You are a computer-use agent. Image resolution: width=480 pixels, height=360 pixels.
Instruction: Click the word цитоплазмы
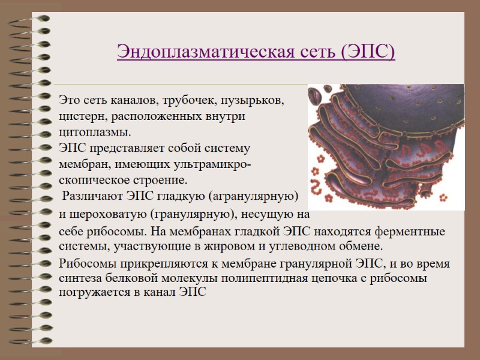[x=94, y=131]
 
